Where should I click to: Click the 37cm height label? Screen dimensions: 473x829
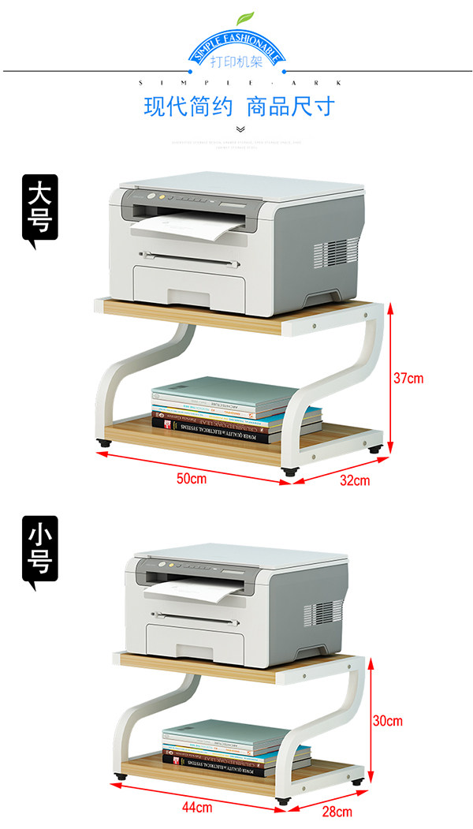click(x=408, y=378)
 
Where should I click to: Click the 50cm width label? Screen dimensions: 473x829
click(x=191, y=479)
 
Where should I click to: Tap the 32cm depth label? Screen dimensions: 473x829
click(x=354, y=480)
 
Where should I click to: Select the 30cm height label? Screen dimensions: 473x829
click(x=387, y=720)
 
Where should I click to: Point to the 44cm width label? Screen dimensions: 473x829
click(x=197, y=807)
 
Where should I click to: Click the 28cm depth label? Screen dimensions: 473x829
click(x=337, y=811)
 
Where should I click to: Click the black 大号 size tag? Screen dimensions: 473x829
click(x=39, y=209)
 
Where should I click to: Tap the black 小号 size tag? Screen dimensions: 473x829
click(x=39, y=551)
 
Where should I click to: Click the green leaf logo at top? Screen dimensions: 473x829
click(x=246, y=17)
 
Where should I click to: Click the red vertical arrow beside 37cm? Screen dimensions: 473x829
click(x=389, y=378)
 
